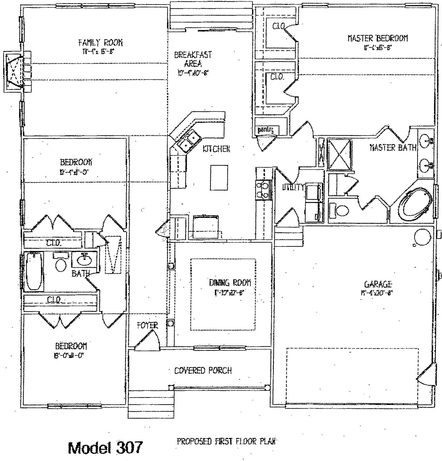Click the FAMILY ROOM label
click(x=100, y=43)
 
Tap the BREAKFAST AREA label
click(x=193, y=59)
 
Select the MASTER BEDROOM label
click(x=378, y=38)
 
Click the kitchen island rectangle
click(x=219, y=178)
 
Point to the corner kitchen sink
click(x=189, y=142)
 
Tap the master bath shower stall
click(x=339, y=154)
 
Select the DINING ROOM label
click(x=230, y=283)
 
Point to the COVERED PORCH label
click(x=203, y=370)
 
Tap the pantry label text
click(x=266, y=130)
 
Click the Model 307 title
click(x=105, y=447)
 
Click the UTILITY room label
click(x=293, y=187)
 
